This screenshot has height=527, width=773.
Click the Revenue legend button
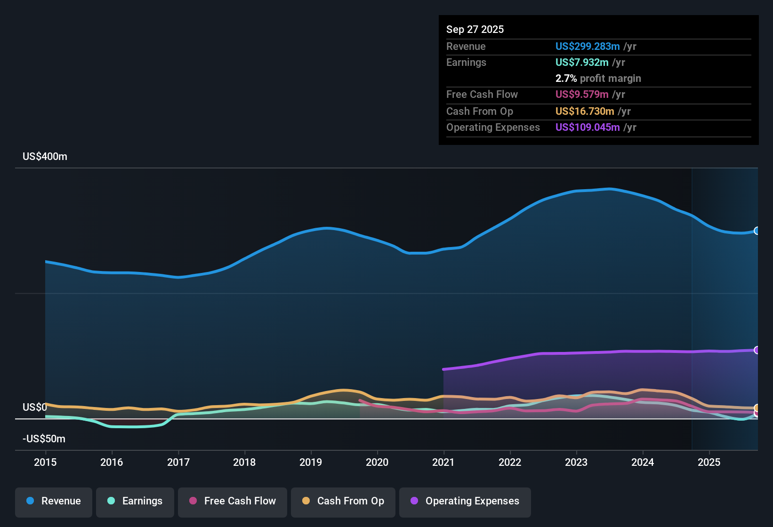54,501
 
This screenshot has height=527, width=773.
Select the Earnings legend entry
135,501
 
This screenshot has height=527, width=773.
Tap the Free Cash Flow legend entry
233,501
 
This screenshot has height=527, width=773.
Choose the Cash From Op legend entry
343,501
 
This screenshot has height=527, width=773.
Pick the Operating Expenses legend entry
465,501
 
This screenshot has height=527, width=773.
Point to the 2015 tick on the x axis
45,462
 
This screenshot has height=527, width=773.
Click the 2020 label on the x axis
377,462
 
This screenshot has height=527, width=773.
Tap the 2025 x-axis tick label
709,462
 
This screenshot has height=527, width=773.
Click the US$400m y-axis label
45,157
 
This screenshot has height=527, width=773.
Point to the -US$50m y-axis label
44,439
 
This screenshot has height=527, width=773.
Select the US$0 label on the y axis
35,407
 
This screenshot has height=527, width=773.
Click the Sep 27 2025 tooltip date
475,29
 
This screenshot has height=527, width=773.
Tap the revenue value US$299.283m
587,46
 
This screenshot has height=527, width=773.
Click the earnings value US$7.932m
581,62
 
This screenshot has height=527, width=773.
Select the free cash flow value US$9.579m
581,94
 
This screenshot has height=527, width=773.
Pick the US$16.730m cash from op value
584,111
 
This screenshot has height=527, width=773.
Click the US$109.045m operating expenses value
587,127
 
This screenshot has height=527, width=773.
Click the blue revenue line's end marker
757,231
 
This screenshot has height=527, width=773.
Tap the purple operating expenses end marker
757,350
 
